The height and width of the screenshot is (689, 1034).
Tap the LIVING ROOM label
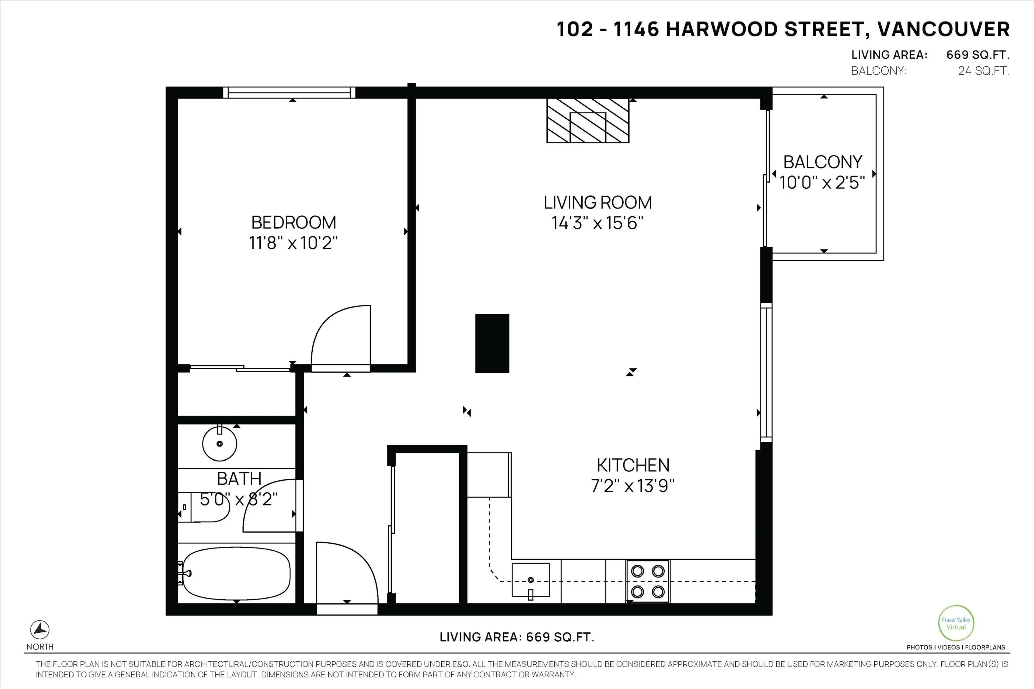click(598, 203)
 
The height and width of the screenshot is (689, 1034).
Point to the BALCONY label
click(823, 162)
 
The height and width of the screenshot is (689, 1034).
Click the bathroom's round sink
click(219, 443)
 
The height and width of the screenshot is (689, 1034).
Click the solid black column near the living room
click(492, 343)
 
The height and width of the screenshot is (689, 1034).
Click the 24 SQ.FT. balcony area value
click(983, 71)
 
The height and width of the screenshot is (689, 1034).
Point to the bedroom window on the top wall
click(289, 92)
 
